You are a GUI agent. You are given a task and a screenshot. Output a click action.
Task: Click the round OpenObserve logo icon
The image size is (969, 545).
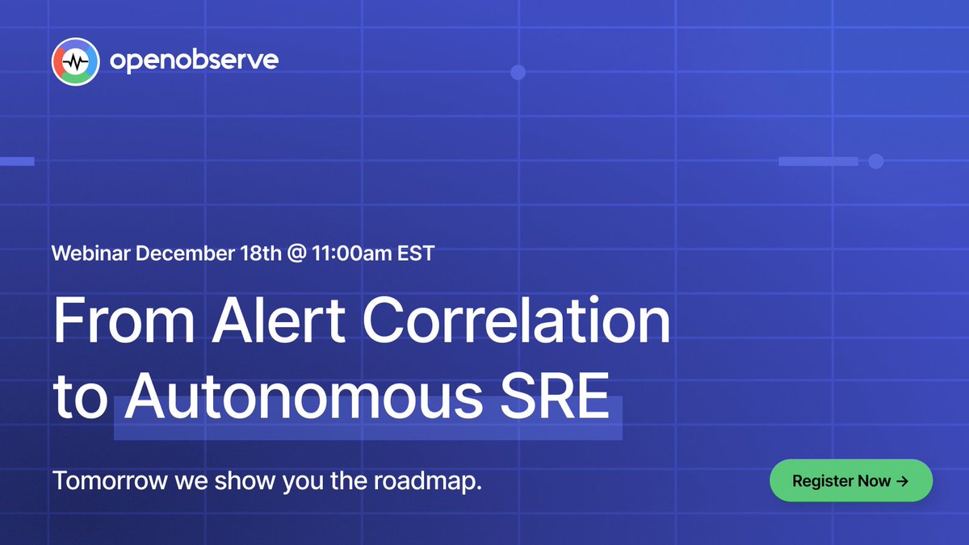75,61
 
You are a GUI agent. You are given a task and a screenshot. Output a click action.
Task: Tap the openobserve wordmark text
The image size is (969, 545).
194,61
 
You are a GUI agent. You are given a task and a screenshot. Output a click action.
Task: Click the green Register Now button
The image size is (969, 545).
850,481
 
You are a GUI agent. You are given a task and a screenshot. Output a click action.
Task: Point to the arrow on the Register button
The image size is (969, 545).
902,481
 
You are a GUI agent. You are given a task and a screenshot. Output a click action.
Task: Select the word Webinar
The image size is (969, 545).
90,253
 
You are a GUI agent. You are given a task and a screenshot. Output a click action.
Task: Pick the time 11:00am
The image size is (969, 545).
352,253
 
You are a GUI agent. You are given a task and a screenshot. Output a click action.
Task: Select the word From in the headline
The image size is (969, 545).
124,321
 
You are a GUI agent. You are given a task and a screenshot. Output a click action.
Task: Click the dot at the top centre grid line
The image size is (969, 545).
518,72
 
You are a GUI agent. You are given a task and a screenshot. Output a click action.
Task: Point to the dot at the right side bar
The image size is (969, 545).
875,161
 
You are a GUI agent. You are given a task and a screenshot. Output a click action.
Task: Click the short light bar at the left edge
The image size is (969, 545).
16,161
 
